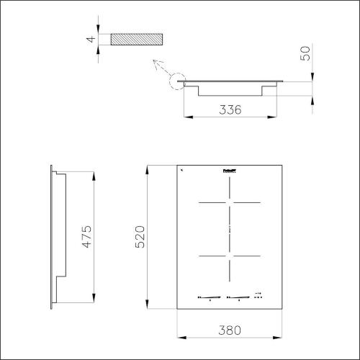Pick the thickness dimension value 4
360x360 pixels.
pos(91,39)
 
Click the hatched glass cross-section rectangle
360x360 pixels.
pos(137,39)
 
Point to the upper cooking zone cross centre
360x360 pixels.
pos(229,203)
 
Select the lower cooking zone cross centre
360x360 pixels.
pos(229,256)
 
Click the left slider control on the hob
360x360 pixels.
pos(210,296)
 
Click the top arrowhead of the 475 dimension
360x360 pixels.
pos(94,174)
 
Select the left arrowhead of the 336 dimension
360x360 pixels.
pos(186,117)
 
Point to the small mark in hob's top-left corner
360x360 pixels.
pos(181,170)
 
